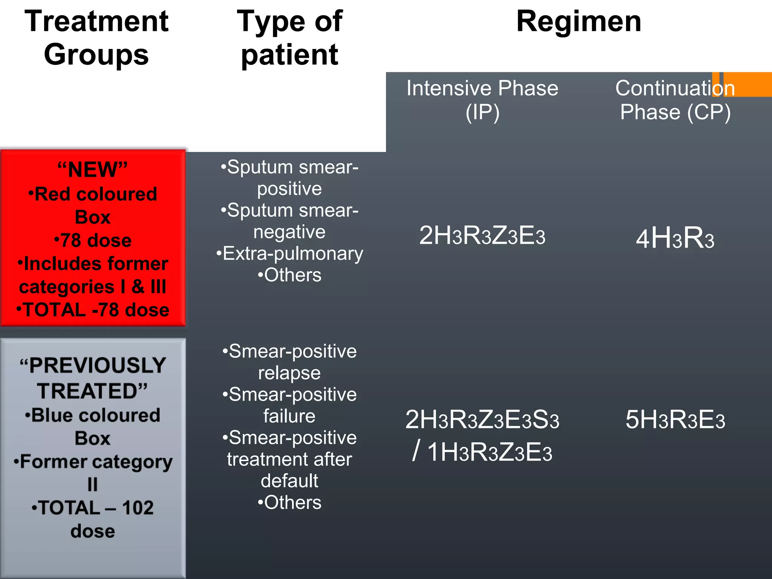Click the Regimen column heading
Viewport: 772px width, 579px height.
(x=579, y=21)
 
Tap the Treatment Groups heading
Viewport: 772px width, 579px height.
(x=96, y=38)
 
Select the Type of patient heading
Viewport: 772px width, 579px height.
(x=289, y=38)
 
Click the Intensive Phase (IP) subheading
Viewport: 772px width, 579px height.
(x=482, y=100)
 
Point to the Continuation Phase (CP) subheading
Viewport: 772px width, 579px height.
(x=675, y=100)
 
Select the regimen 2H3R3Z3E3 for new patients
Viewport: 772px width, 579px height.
(x=482, y=236)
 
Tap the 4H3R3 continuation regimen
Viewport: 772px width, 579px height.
(x=675, y=238)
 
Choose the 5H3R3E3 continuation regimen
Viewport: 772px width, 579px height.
(x=675, y=420)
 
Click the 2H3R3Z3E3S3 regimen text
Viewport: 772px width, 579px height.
(x=482, y=420)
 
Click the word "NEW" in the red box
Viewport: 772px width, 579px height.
(x=93, y=170)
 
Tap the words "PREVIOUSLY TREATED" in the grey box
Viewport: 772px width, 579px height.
(x=93, y=378)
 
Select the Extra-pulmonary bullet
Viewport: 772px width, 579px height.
(x=289, y=253)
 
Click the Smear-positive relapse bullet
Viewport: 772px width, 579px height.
(x=289, y=362)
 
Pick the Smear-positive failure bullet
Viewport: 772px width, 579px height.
(x=289, y=405)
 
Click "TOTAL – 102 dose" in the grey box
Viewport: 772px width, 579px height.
(x=93, y=519)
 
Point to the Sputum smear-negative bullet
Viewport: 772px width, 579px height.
(x=289, y=221)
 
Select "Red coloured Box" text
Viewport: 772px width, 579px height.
(x=93, y=205)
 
